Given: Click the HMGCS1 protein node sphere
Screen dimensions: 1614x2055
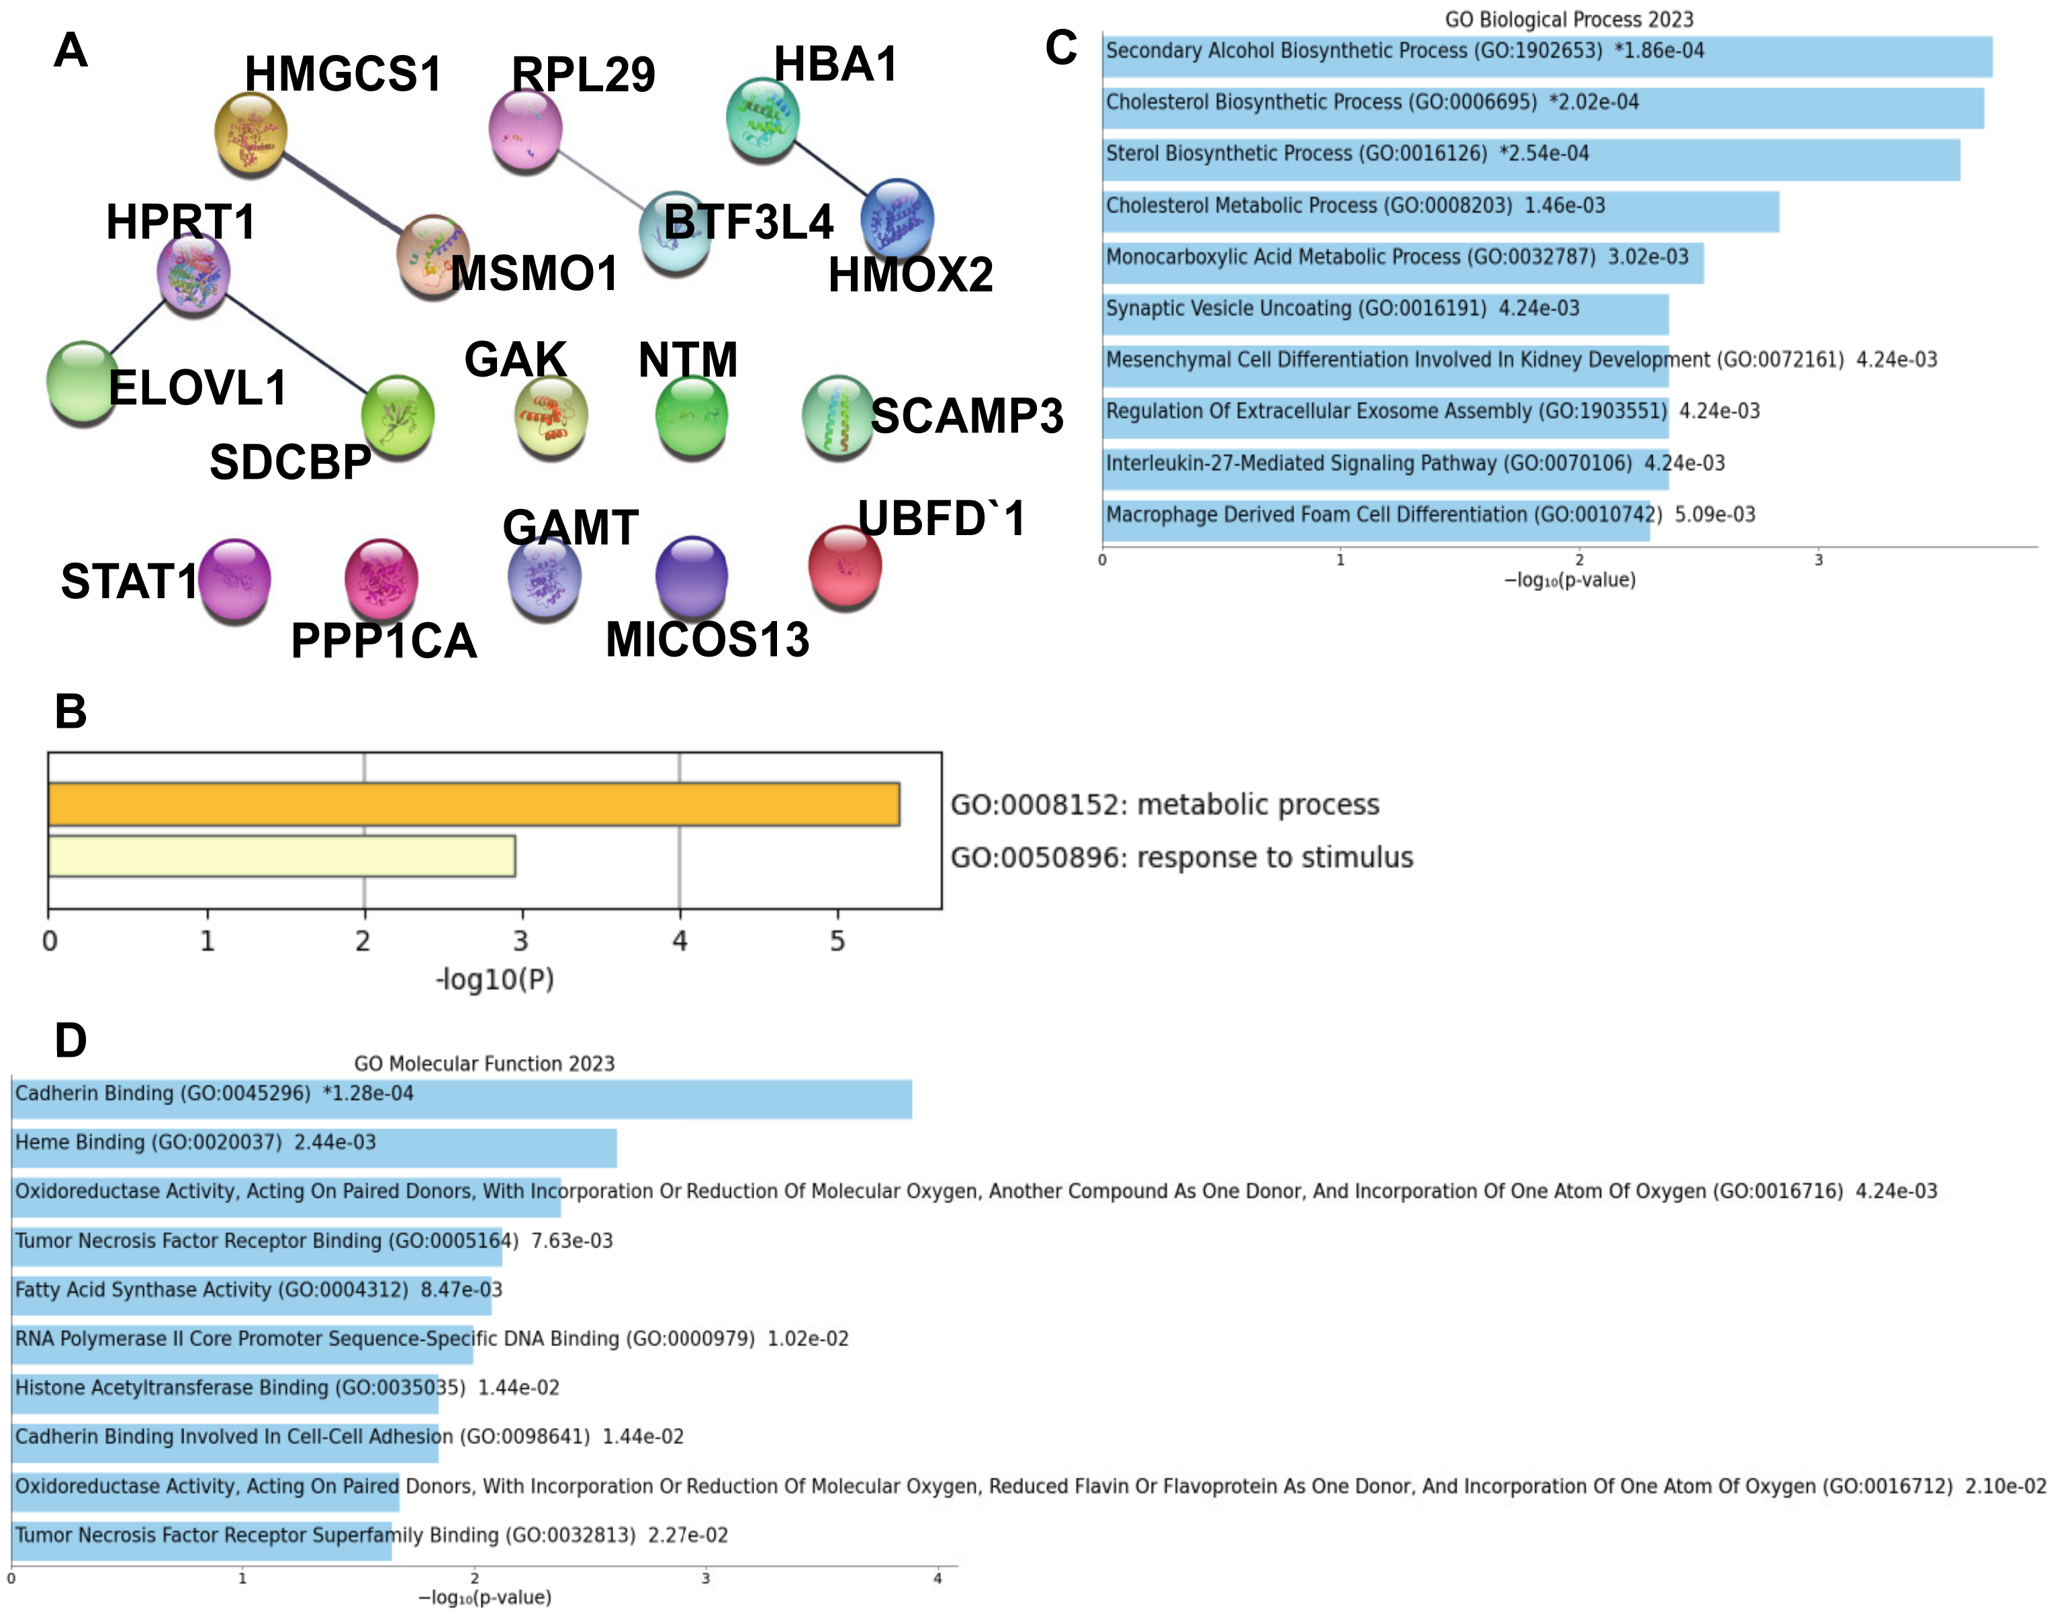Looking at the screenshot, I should tap(250, 133).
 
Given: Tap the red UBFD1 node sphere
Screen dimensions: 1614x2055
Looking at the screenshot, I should tap(844, 567).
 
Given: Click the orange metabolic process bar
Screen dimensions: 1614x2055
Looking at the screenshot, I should tap(473, 804).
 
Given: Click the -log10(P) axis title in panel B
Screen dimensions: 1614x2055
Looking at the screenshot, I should tap(494, 979).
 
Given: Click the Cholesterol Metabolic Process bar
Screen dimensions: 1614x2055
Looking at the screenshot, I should tap(1440, 211).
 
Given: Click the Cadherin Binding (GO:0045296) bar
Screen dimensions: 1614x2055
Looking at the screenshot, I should tap(461, 1099).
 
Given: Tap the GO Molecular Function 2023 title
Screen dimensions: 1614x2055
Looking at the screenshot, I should tap(484, 1063).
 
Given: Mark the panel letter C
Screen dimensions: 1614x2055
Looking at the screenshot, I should tap(1060, 48).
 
